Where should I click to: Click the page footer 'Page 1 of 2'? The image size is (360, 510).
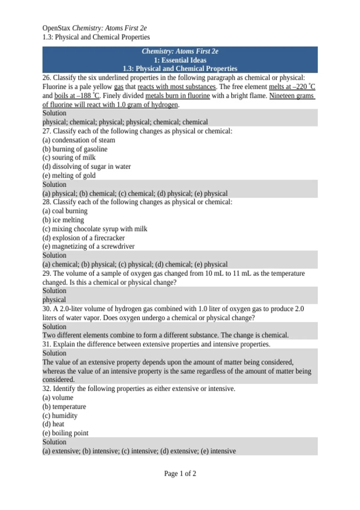(x=180, y=473)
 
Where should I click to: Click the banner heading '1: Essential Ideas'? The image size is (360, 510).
(x=180, y=60)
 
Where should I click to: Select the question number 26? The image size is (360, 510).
(x=46, y=78)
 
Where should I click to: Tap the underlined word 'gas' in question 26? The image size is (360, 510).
(x=118, y=87)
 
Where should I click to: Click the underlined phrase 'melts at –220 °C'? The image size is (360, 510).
(x=292, y=87)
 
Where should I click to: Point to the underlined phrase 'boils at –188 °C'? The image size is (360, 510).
(x=76, y=96)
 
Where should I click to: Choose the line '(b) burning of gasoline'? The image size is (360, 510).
(x=75, y=149)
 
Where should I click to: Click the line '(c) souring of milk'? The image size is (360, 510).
(x=69, y=157)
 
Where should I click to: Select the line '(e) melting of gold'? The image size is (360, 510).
(x=69, y=175)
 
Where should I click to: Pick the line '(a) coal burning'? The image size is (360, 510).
(x=65, y=211)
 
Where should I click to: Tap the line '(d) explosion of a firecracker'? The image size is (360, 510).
(x=83, y=238)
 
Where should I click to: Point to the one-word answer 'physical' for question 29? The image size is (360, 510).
(x=54, y=300)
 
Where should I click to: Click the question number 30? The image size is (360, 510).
(x=46, y=309)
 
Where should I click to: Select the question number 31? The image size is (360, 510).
(x=46, y=344)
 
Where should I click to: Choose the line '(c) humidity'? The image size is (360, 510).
(x=60, y=415)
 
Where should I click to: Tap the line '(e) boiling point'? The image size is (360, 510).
(x=65, y=433)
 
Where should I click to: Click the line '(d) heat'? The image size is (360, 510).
(x=53, y=424)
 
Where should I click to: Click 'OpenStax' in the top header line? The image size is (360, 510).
(x=56, y=28)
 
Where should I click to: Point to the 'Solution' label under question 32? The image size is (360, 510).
(x=54, y=442)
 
